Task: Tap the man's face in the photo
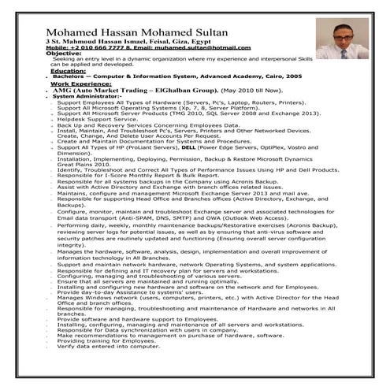click(x=336, y=35)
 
